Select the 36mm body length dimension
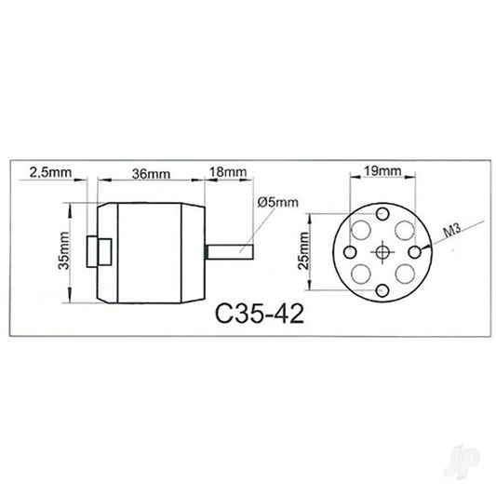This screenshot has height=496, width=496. pyautogui.click(x=151, y=173)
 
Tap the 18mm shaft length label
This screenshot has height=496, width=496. pyautogui.click(x=228, y=173)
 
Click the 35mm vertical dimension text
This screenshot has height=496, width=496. pyautogui.click(x=62, y=252)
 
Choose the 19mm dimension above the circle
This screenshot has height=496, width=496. pyautogui.click(x=382, y=171)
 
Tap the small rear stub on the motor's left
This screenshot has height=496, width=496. pyautogui.click(x=96, y=251)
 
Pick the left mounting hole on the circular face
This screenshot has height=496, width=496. pyautogui.click(x=350, y=252)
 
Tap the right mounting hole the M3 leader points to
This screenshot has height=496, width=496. pyautogui.click(x=415, y=252)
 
